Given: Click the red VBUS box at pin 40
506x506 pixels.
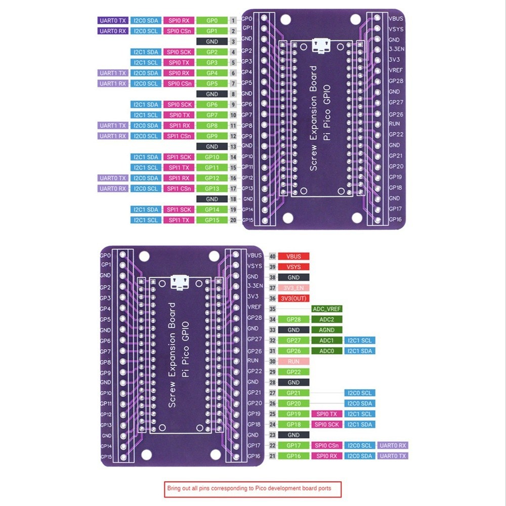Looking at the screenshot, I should click(x=293, y=257).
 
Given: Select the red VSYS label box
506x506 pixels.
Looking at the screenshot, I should click(x=293, y=267).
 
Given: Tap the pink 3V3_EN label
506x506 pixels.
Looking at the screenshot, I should click(x=293, y=288).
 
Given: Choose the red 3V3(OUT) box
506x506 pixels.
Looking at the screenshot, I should click(x=293, y=299).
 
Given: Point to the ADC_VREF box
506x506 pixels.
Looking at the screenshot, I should click(x=327, y=309).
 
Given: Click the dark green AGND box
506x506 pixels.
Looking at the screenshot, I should click(x=327, y=330).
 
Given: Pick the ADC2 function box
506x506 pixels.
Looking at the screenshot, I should click(x=327, y=319).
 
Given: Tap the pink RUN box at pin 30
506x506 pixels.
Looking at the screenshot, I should click(x=293, y=361).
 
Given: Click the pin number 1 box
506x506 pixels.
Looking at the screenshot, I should click(x=233, y=20).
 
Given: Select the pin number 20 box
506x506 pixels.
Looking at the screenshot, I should click(x=233, y=220).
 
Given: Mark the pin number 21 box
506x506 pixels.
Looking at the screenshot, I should click(x=272, y=456).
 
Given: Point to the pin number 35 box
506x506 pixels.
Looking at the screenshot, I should click(x=272, y=309).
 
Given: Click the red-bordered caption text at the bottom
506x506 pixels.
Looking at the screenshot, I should click(x=253, y=489).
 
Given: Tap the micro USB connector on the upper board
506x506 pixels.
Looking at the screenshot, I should click(x=319, y=46).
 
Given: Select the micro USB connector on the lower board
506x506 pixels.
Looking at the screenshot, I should click(x=178, y=282).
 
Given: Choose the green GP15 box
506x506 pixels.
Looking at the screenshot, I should click(x=212, y=220).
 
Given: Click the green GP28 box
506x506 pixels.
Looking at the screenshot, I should click(x=293, y=319).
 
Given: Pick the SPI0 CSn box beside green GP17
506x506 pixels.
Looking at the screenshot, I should click(x=327, y=445).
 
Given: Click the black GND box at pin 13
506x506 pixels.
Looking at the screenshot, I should click(x=212, y=146).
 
